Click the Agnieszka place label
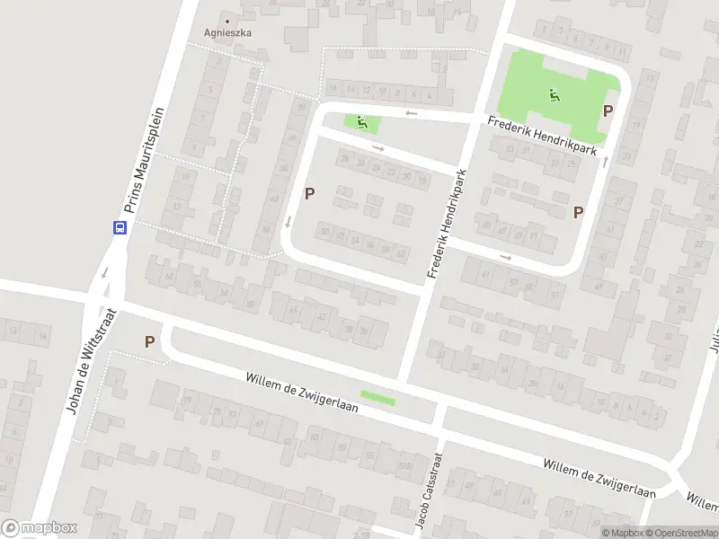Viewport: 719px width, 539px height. [227, 32]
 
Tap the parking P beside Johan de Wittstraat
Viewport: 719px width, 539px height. [149, 341]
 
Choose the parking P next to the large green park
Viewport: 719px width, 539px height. [608, 111]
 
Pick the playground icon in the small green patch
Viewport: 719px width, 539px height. [362, 123]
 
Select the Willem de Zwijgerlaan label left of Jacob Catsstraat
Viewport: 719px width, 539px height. [302, 392]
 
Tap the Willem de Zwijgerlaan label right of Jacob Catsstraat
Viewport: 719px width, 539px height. [599, 477]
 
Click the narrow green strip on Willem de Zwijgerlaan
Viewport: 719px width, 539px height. [377, 395]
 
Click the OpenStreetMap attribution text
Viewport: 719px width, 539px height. [680, 532]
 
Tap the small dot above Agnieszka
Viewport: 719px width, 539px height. [227, 21]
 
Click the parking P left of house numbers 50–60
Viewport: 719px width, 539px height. [310, 192]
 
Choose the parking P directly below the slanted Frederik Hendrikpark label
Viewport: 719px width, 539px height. [579, 212]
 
